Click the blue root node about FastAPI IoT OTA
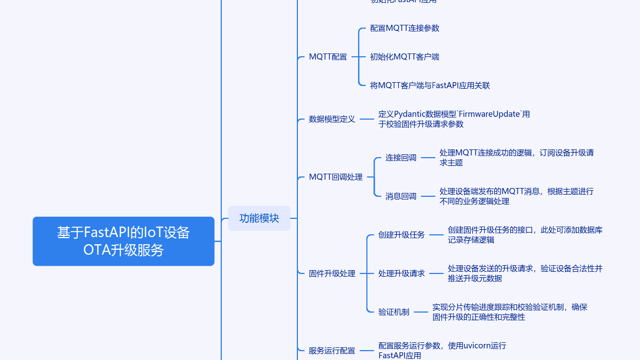(x=123, y=241)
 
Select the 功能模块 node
(x=259, y=218)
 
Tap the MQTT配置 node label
(x=328, y=57)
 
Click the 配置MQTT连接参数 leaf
(x=404, y=28)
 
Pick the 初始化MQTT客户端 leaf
(x=404, y=57)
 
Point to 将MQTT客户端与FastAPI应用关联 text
(x=430, y=85)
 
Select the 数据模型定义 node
(x=332, y=119)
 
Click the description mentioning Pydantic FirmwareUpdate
(x=454, y=119)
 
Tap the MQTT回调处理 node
(x=335, y=177)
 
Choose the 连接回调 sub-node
(x=401, y=158)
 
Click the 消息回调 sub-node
(x=401, y=196)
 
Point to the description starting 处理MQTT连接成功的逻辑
(x=516, y=158)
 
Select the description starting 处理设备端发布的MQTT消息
(x=516, y=196)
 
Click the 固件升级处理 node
(x=332, y=273)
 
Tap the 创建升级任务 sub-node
(x=402, y=235)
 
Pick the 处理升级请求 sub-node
(x=402, y=273)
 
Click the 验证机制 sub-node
(x=394, y=312)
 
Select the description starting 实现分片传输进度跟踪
(x=509, y=312)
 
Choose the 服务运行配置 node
(x=332, y=351)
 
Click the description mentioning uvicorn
(x=442, y=351)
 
